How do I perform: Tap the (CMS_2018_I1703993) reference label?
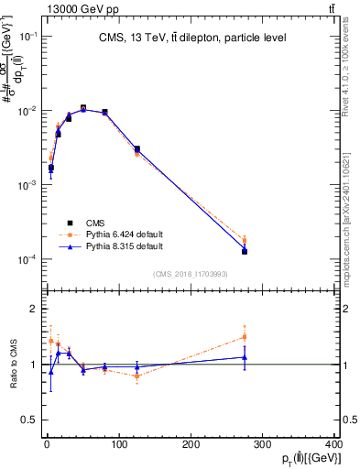[x=191, y=274]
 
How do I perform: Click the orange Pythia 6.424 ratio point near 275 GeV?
[x=245, y=336]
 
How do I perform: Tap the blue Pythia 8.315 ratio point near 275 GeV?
[x=245, y=357]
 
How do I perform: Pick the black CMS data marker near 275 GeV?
[x=245, y=251]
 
